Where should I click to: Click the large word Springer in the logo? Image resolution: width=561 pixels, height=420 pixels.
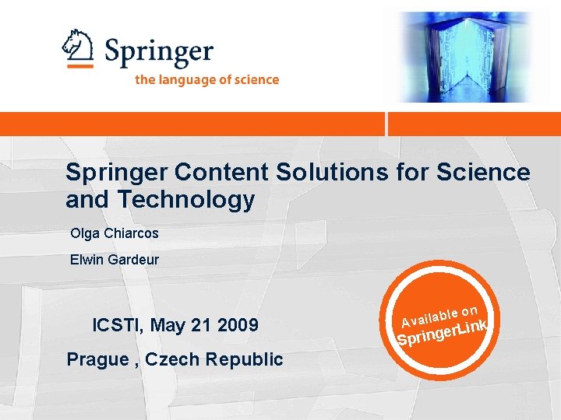click(x=159, y=53)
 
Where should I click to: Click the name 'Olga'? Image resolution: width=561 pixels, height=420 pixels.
click(x=85, y=233)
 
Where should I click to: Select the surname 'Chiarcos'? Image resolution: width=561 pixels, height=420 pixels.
click(x=131, y=233)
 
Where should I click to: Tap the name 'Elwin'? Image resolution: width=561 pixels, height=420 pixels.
click(x=86, y=260)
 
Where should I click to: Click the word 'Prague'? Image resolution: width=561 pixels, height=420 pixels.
click(x=97, y=359)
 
